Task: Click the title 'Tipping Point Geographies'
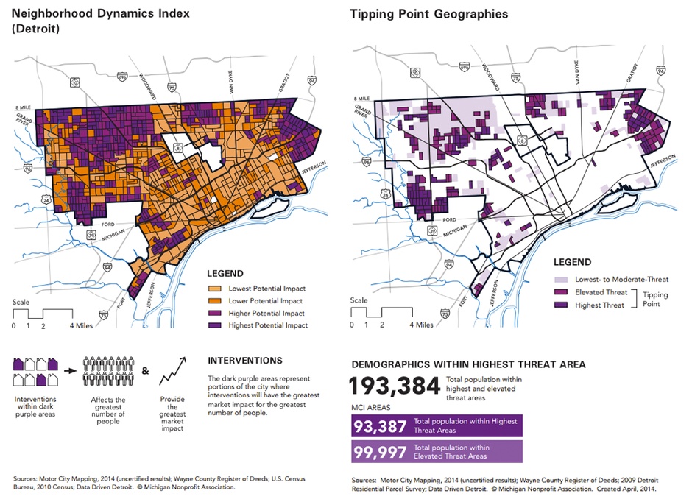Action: (428, 14)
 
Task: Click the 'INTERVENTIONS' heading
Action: (244, 361)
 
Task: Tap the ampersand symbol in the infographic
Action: (145, 371)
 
